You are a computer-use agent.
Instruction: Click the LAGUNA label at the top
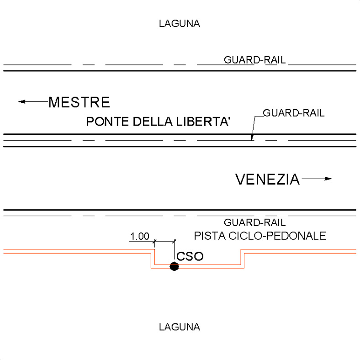(179, 24)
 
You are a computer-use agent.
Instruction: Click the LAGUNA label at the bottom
(179, 327)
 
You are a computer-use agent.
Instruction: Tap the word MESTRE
(79, 102)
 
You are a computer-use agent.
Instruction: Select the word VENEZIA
(268, 179)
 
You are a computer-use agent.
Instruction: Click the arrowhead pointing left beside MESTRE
(21, 101)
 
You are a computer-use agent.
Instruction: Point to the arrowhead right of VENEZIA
(328, 179)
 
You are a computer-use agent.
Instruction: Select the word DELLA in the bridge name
(153, 122)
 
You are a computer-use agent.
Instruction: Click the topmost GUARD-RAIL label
(254, 60)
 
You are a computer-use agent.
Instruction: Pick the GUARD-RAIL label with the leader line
(294, 113)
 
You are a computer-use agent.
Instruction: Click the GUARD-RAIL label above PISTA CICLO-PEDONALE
(254, 222)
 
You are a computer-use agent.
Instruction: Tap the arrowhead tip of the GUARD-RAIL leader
(252, 140)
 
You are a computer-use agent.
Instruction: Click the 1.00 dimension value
(140, 236)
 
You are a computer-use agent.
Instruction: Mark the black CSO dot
(174, 266)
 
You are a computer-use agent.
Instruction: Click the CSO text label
(190, 256)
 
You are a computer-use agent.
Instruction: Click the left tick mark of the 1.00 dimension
(154, 241)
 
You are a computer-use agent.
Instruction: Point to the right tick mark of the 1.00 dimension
(174, 241)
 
